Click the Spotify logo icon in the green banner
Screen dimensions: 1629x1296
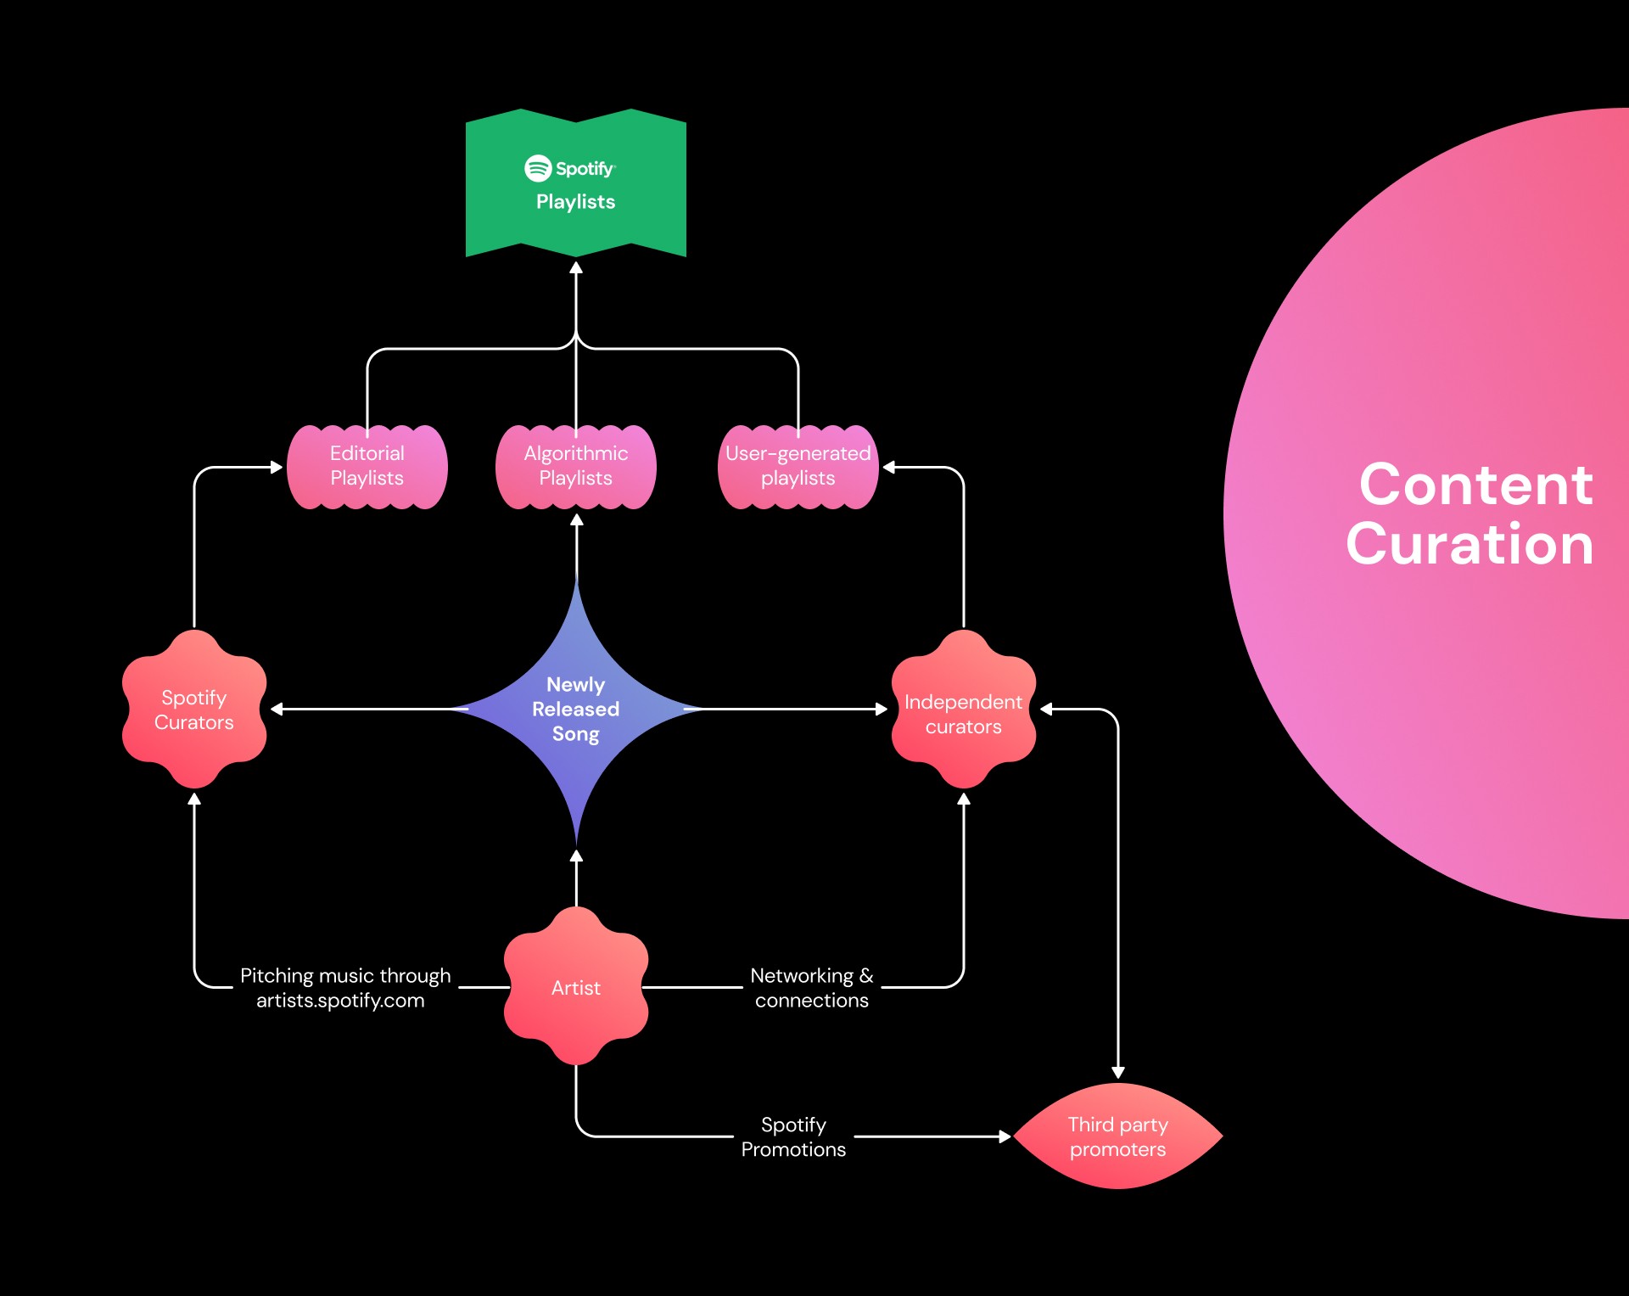click(x=538, y=168)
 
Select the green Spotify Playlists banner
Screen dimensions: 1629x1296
click(x=576, y=182)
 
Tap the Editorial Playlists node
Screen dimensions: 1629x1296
click(x=367, y=467)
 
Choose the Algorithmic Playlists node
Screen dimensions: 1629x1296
click(x=576, y=467)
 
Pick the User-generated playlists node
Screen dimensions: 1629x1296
click(x=798, y=467)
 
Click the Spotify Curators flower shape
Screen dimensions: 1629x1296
click(x=194, y=710)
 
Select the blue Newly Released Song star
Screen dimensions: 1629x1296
click(x=576, y=709)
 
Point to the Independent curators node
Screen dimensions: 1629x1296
click(x=964, y=710)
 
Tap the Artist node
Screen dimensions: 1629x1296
click(x=576, y=986)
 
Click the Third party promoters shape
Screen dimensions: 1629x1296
click(x=1118, y=1136)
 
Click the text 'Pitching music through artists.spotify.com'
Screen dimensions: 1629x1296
click(x=344, y=988)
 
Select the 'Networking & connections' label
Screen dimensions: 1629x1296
click(x=812, y=988)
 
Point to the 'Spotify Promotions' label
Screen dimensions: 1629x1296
click(x=793, y=1137)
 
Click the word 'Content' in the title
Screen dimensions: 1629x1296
click(x=1476, y=485)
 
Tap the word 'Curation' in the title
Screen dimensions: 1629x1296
click(x=1470, y=543)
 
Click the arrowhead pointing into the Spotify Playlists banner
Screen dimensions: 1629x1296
click(x=576, y=267)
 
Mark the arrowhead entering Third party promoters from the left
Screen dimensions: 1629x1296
click(x=1005, y=1136)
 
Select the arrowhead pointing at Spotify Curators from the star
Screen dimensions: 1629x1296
click(x=277, y=709)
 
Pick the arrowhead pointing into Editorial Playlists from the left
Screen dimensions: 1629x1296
click(x=277, y=467)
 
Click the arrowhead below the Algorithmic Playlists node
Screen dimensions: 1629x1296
click(x=577, y=520)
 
